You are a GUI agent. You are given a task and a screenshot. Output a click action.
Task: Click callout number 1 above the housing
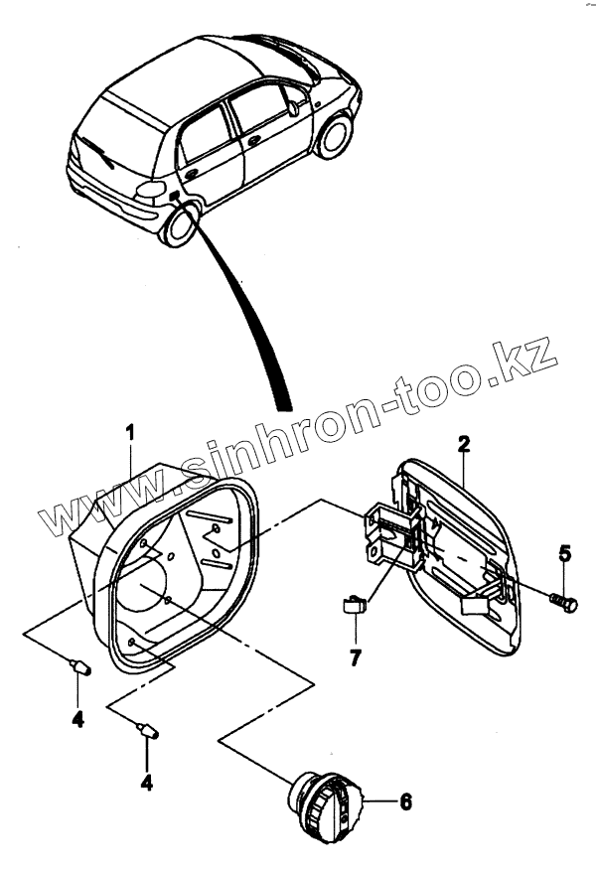[x=129, y=432]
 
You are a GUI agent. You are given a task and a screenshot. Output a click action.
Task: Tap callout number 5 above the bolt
[x=564, y=553]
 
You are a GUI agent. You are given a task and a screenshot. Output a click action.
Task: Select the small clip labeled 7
[x=351, y=604]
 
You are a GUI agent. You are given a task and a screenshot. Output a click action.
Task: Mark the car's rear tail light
[x=151, y=189]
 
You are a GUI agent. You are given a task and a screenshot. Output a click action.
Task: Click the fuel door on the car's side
[x=176, y=196]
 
